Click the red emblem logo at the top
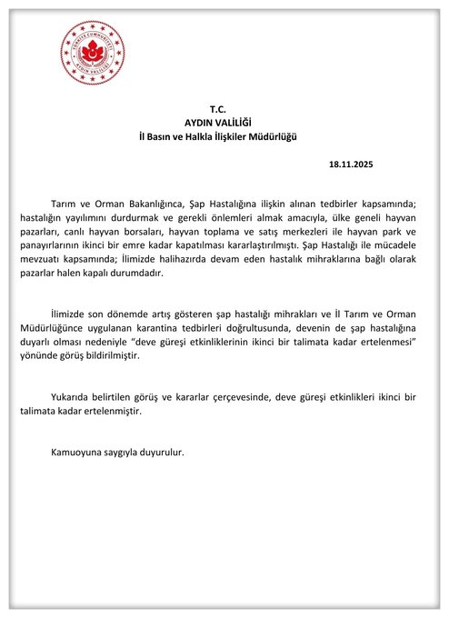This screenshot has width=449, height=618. tap(92, 51)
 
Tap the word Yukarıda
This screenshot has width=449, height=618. tap(73, 398)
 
